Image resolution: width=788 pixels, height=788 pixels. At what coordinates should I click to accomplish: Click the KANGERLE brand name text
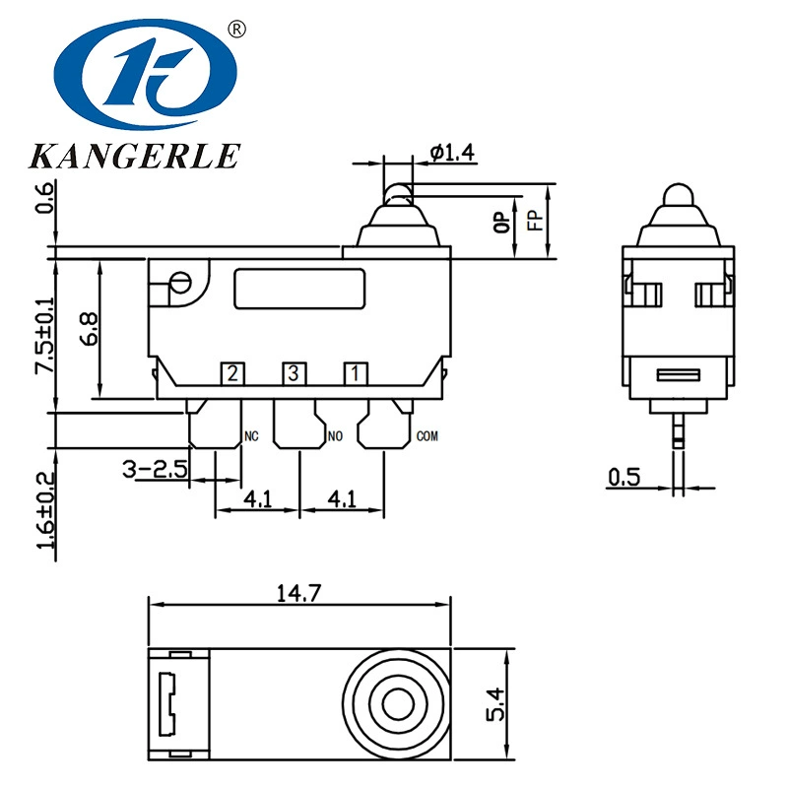click(x=135, y=156)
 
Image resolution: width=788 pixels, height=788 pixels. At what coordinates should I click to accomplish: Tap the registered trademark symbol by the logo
click(x=236, y=30)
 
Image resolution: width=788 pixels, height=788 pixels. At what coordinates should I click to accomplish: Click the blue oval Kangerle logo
click(x=145, y=74)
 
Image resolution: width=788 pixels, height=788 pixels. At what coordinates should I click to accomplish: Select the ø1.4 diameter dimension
click(x=452, y=153)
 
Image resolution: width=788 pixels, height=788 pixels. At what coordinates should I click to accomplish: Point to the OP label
click(x=501, y=222)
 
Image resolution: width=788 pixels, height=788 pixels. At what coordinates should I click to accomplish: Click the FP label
click(x=535, y=220)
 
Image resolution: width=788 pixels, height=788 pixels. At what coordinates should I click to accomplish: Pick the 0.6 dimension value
click(x=44, y=198)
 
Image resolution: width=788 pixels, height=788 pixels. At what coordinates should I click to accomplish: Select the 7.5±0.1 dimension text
click(x=43, y=335)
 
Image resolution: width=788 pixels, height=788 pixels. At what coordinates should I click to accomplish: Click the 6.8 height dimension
click(x=89, y=329)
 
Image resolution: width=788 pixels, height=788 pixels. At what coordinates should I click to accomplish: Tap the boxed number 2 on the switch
click(x=232, y=373)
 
